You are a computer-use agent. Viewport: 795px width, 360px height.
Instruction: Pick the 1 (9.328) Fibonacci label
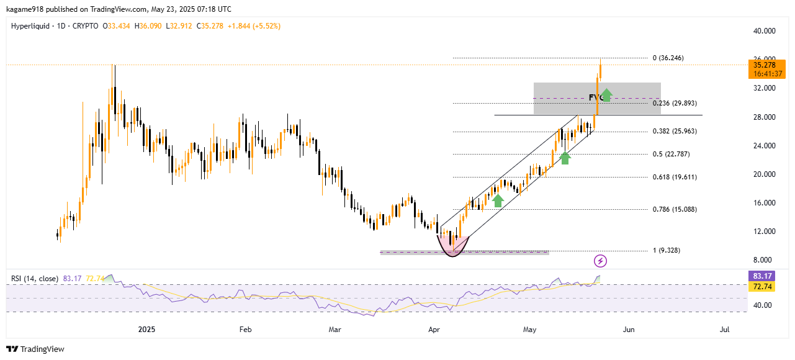[x=668, y=251]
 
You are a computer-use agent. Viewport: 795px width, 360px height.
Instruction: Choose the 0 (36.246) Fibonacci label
[x=668, y=58]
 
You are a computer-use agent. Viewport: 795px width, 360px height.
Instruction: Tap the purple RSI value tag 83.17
[x=762, y=276]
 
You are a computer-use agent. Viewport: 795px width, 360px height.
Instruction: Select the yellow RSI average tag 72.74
[x=762, y=286]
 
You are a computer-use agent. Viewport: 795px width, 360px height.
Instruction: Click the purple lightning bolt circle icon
[x=600, y=261]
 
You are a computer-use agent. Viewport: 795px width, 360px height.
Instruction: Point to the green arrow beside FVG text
[x=606, y=95]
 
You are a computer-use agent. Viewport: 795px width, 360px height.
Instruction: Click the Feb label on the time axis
[x=245, y=330]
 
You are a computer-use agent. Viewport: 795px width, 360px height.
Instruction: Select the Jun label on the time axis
[x=629, y=330]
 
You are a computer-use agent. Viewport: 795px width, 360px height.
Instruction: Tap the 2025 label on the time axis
[x=147, y=330]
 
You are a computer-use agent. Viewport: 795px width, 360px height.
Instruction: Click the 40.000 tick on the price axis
[x=763, y=31]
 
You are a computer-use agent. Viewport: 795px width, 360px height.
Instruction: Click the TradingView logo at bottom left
[x=35, y=349]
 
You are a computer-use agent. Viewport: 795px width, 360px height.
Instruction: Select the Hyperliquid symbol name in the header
[x=30, y=26]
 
